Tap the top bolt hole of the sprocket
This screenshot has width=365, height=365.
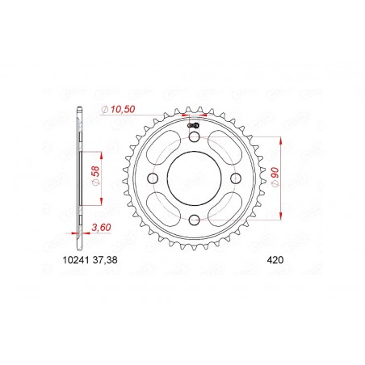192,137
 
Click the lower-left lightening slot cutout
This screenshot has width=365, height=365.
162,208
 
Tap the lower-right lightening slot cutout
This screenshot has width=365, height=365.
224,208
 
